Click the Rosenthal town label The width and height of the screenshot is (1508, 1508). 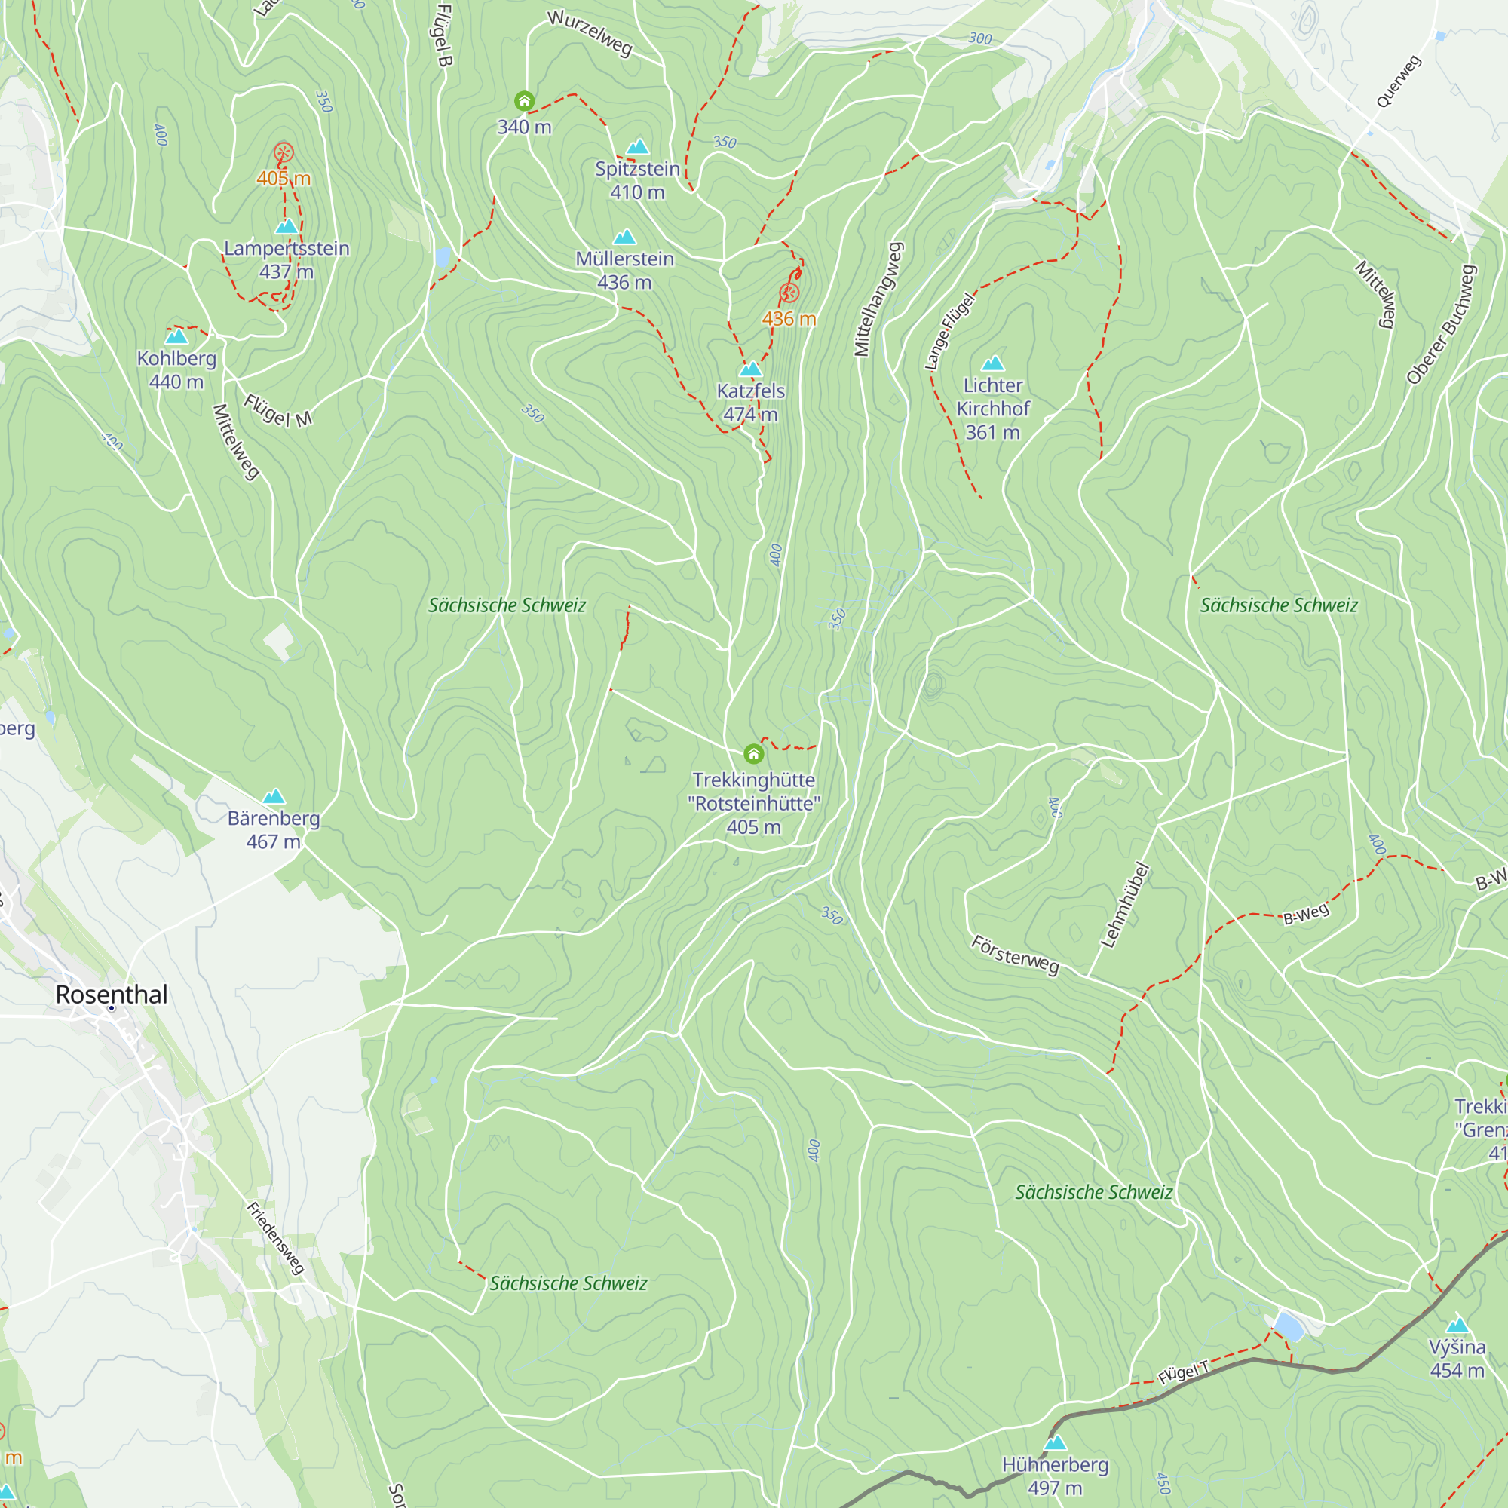click(112, 995)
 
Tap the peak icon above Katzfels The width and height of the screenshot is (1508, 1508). click(750, 369)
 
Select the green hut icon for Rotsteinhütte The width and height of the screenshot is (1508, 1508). click(753, 753)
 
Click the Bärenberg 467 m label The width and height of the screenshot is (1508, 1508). click(273, 829)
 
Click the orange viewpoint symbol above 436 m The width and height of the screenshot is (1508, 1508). click(789, 293)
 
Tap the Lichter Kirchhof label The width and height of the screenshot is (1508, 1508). click(993, 408)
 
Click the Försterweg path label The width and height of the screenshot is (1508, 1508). click(1015, 955)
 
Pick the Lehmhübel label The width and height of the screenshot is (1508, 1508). click(1125, 906)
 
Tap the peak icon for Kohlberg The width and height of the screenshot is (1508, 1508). click(177, 336)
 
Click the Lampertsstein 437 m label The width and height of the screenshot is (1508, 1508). click(287, 259)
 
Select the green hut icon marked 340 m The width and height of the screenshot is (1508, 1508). click(525, 101)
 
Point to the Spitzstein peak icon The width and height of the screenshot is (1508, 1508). click(638, 147)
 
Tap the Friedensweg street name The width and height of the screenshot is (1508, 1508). click(275, 1238)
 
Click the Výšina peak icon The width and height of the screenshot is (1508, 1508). click(1457, 1326)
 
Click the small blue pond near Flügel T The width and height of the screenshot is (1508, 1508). click(1289, 1326)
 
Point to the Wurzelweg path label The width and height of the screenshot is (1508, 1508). click(590, 32)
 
